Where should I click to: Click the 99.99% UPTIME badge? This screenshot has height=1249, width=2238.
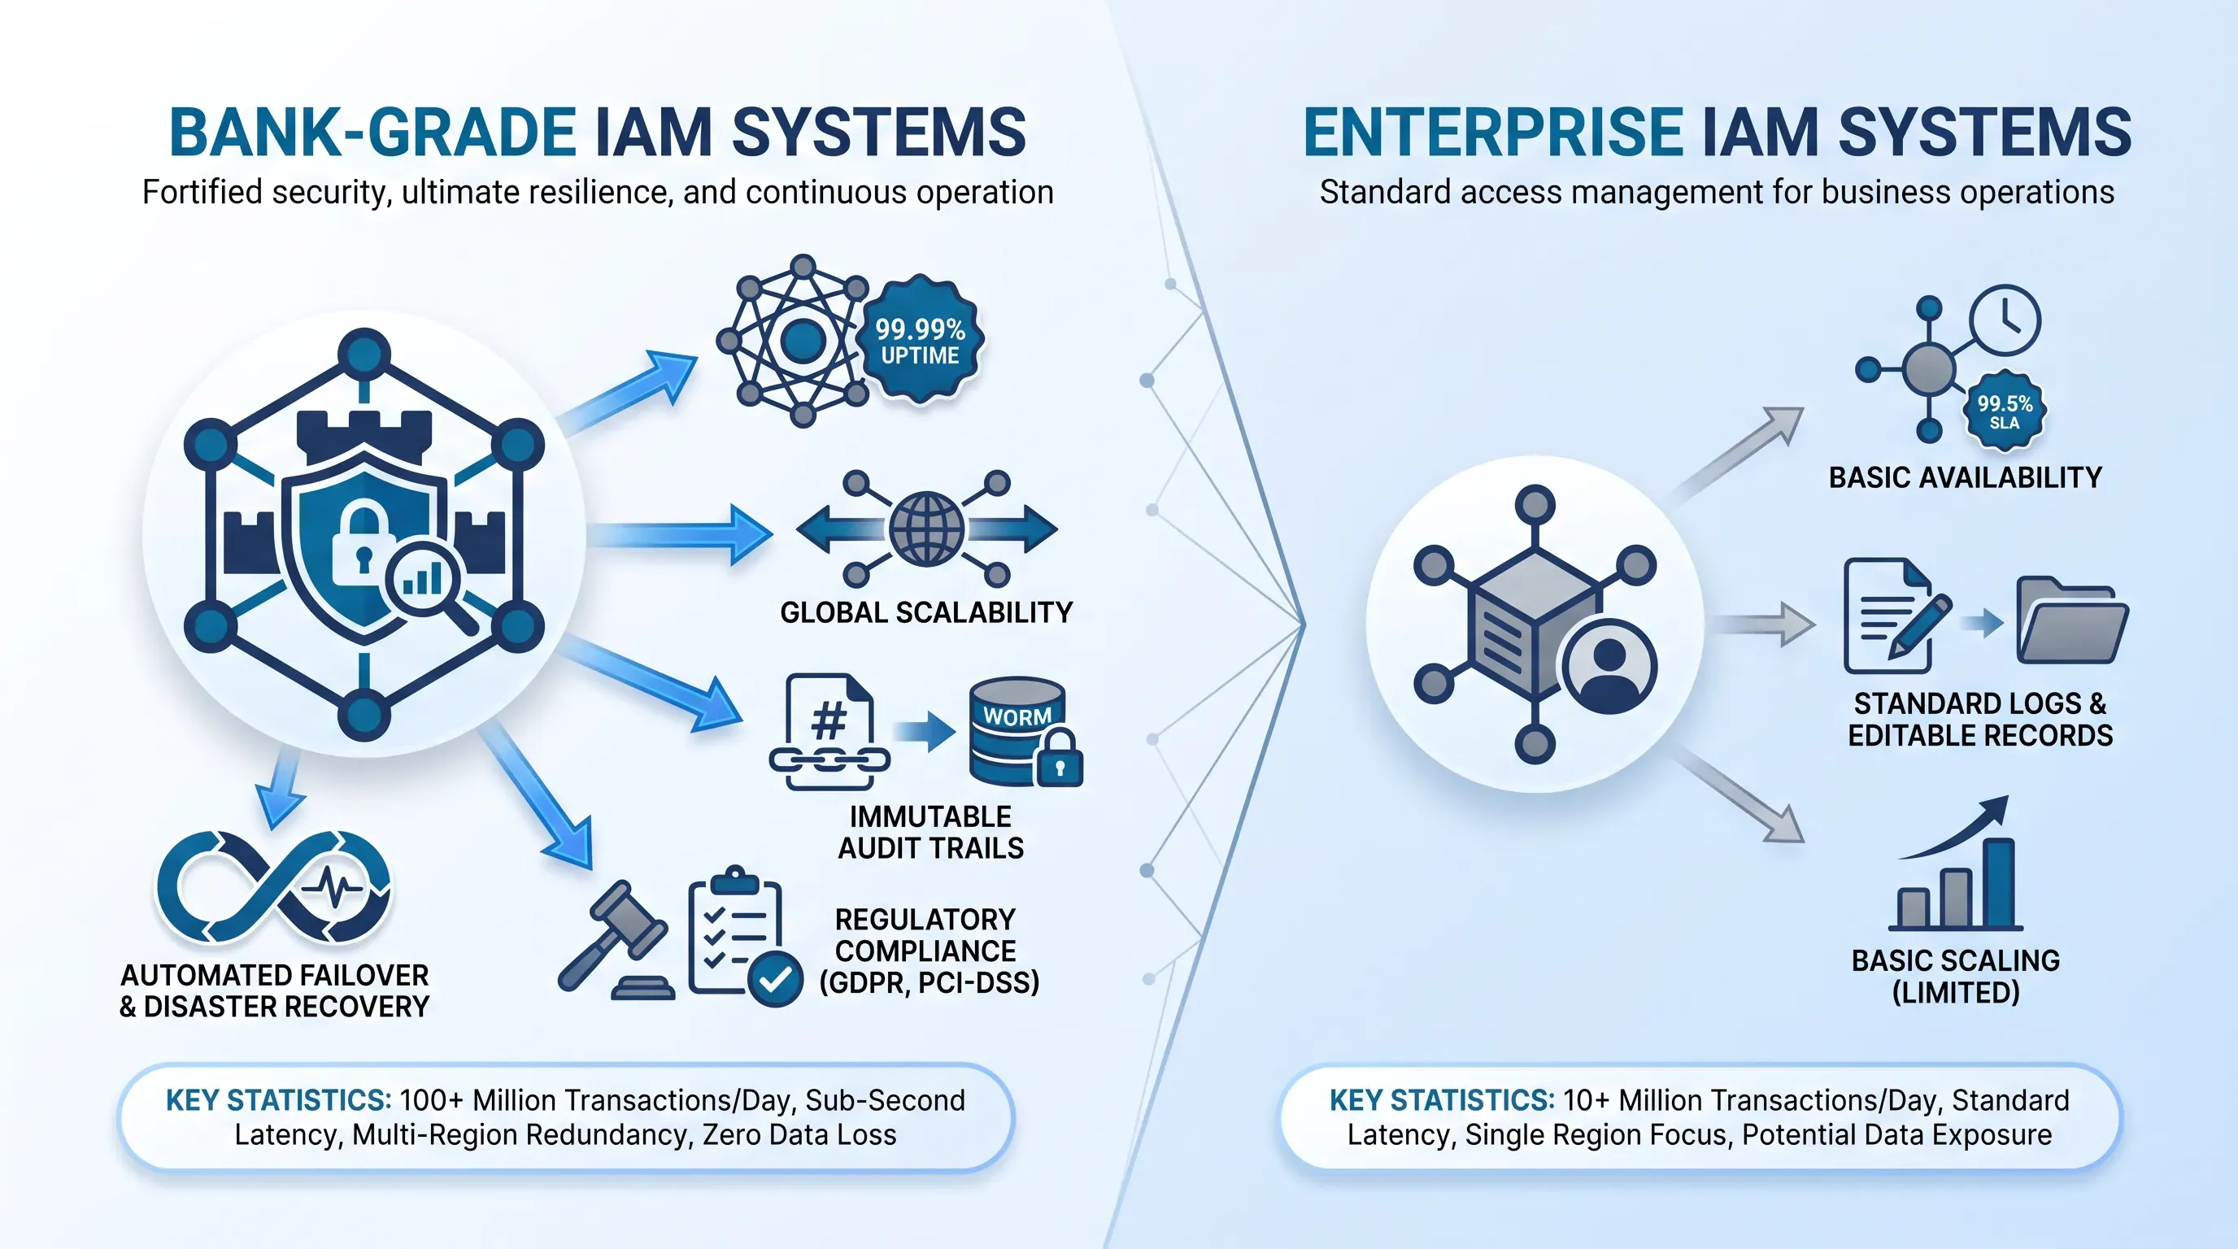click(x=920, y=340)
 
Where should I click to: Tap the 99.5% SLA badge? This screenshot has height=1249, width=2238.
click(x=2005, y=411)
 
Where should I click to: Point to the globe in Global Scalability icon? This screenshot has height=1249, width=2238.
click(x=926, y=529)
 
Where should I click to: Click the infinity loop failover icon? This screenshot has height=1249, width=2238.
click(x=274, y=886)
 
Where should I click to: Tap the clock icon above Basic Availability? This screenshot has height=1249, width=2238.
click(x=2005, y=320)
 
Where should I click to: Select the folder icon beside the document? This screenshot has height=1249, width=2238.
click(x=2072, y=620)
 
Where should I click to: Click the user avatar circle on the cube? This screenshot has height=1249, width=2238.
click(x=1609, y=666)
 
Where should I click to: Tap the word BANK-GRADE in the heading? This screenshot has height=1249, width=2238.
click(x=372, y=133)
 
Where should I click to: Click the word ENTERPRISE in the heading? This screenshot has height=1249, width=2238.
click(x=1493, y=133)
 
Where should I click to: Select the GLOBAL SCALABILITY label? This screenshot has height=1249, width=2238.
click(x=926, y=612)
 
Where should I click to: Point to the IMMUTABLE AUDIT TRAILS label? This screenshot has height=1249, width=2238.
click(x=930, y=832)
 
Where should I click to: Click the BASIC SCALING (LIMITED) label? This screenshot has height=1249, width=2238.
click(x=1956, y=977)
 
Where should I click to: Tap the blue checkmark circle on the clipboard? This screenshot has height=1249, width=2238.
click(x=775, y=979)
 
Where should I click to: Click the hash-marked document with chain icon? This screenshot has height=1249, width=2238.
click(x=829, y=732)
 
